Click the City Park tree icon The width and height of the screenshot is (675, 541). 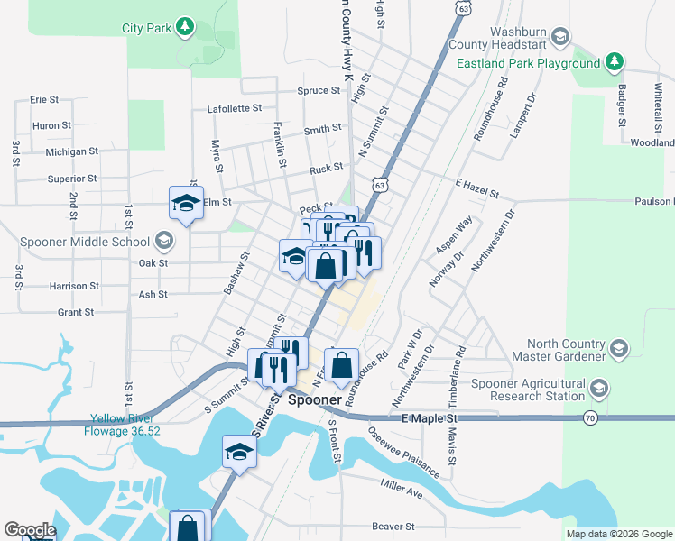pyautogui.click(x=185, y=27)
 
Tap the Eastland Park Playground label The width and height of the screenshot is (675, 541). pyautogui.click(x=528, y=64)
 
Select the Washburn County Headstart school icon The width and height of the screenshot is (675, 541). pyautogui.click(x=560, y=36)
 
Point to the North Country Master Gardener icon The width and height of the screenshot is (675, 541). pyautogui.click(x=618, y=348)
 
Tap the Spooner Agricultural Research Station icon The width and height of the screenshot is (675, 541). pyautogui.click(x=599, y=389)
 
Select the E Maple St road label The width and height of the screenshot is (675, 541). pyautogui.click(x=424, y=419)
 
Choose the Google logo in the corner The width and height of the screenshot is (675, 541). pyautogui.click(x=30, y=530)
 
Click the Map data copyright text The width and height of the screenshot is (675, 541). pyautogui.click(x=618, y=534)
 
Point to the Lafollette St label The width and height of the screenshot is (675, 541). pyautogui.click(x=235, y=107)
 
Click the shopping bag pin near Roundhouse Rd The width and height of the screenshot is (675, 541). pyautogui.click(x=341, y=366)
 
